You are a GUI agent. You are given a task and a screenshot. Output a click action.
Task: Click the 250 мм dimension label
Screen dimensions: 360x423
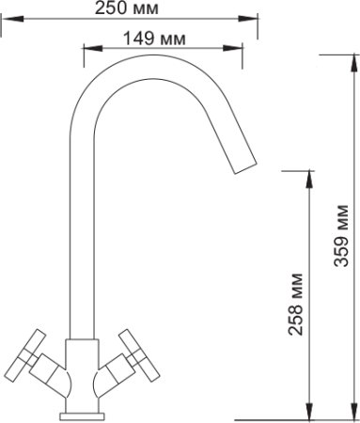[x=127, y=8]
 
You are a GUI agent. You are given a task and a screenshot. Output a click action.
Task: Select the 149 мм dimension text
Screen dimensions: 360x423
[x=154, y=39]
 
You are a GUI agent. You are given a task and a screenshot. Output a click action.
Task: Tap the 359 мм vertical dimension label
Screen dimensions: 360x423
[x=341, y=236]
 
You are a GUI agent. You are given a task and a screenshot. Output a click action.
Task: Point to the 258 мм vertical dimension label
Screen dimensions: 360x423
[x=296, y=305]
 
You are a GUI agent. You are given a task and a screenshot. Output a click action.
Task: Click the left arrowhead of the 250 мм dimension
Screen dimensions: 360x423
[x=13, y=19]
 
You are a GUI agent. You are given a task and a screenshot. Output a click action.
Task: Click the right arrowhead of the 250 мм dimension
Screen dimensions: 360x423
[x=247, y=19]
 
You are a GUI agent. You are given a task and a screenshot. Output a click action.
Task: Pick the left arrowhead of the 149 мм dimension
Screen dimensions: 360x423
[x=93, y=48]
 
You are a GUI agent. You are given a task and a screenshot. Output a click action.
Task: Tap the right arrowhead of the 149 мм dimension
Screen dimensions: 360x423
[x=233, y=48]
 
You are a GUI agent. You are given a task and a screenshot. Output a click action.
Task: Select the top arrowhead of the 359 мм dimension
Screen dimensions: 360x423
[x=354, y=64]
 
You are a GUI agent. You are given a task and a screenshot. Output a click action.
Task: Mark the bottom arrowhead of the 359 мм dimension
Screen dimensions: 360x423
[x=354, y=410]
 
